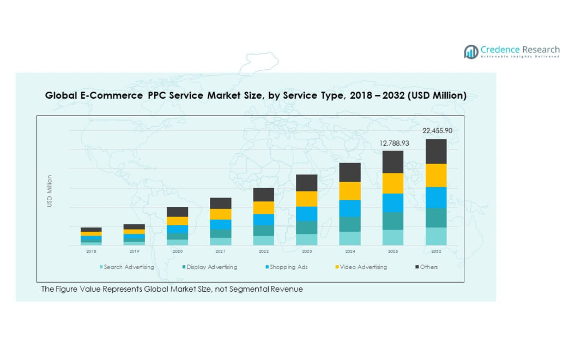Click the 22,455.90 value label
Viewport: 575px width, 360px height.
tap(437, 131)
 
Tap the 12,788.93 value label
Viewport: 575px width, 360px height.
tap(394, 143)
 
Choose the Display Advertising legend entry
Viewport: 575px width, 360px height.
tap(211, 267)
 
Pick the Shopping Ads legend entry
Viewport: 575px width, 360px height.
tap(288, 267)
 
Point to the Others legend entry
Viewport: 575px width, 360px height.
tap(428, 267)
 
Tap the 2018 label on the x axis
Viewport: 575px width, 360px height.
tap(91, 251)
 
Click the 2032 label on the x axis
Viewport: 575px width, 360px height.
tap(436, 251)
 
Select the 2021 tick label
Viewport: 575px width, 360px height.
tap(221, 251)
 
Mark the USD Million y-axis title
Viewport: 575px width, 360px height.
tap(50, 191)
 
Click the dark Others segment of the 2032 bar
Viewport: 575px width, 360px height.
tap(436, 151)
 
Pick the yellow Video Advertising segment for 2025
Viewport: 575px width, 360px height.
tap(393, 183)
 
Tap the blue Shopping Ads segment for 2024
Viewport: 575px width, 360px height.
tap(350, 208)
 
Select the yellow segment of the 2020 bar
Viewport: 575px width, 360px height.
tap(177, 221)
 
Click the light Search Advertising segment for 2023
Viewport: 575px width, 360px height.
tap(307, 239)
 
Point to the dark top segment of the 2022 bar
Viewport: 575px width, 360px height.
tap(264, 195)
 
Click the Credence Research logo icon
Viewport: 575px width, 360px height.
tap(471, 52)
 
